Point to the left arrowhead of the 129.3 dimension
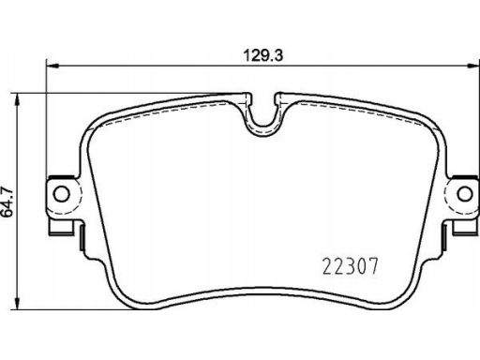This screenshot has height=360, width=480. click(x=52, y=66)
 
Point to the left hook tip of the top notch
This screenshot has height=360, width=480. click(x=247, y=95)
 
